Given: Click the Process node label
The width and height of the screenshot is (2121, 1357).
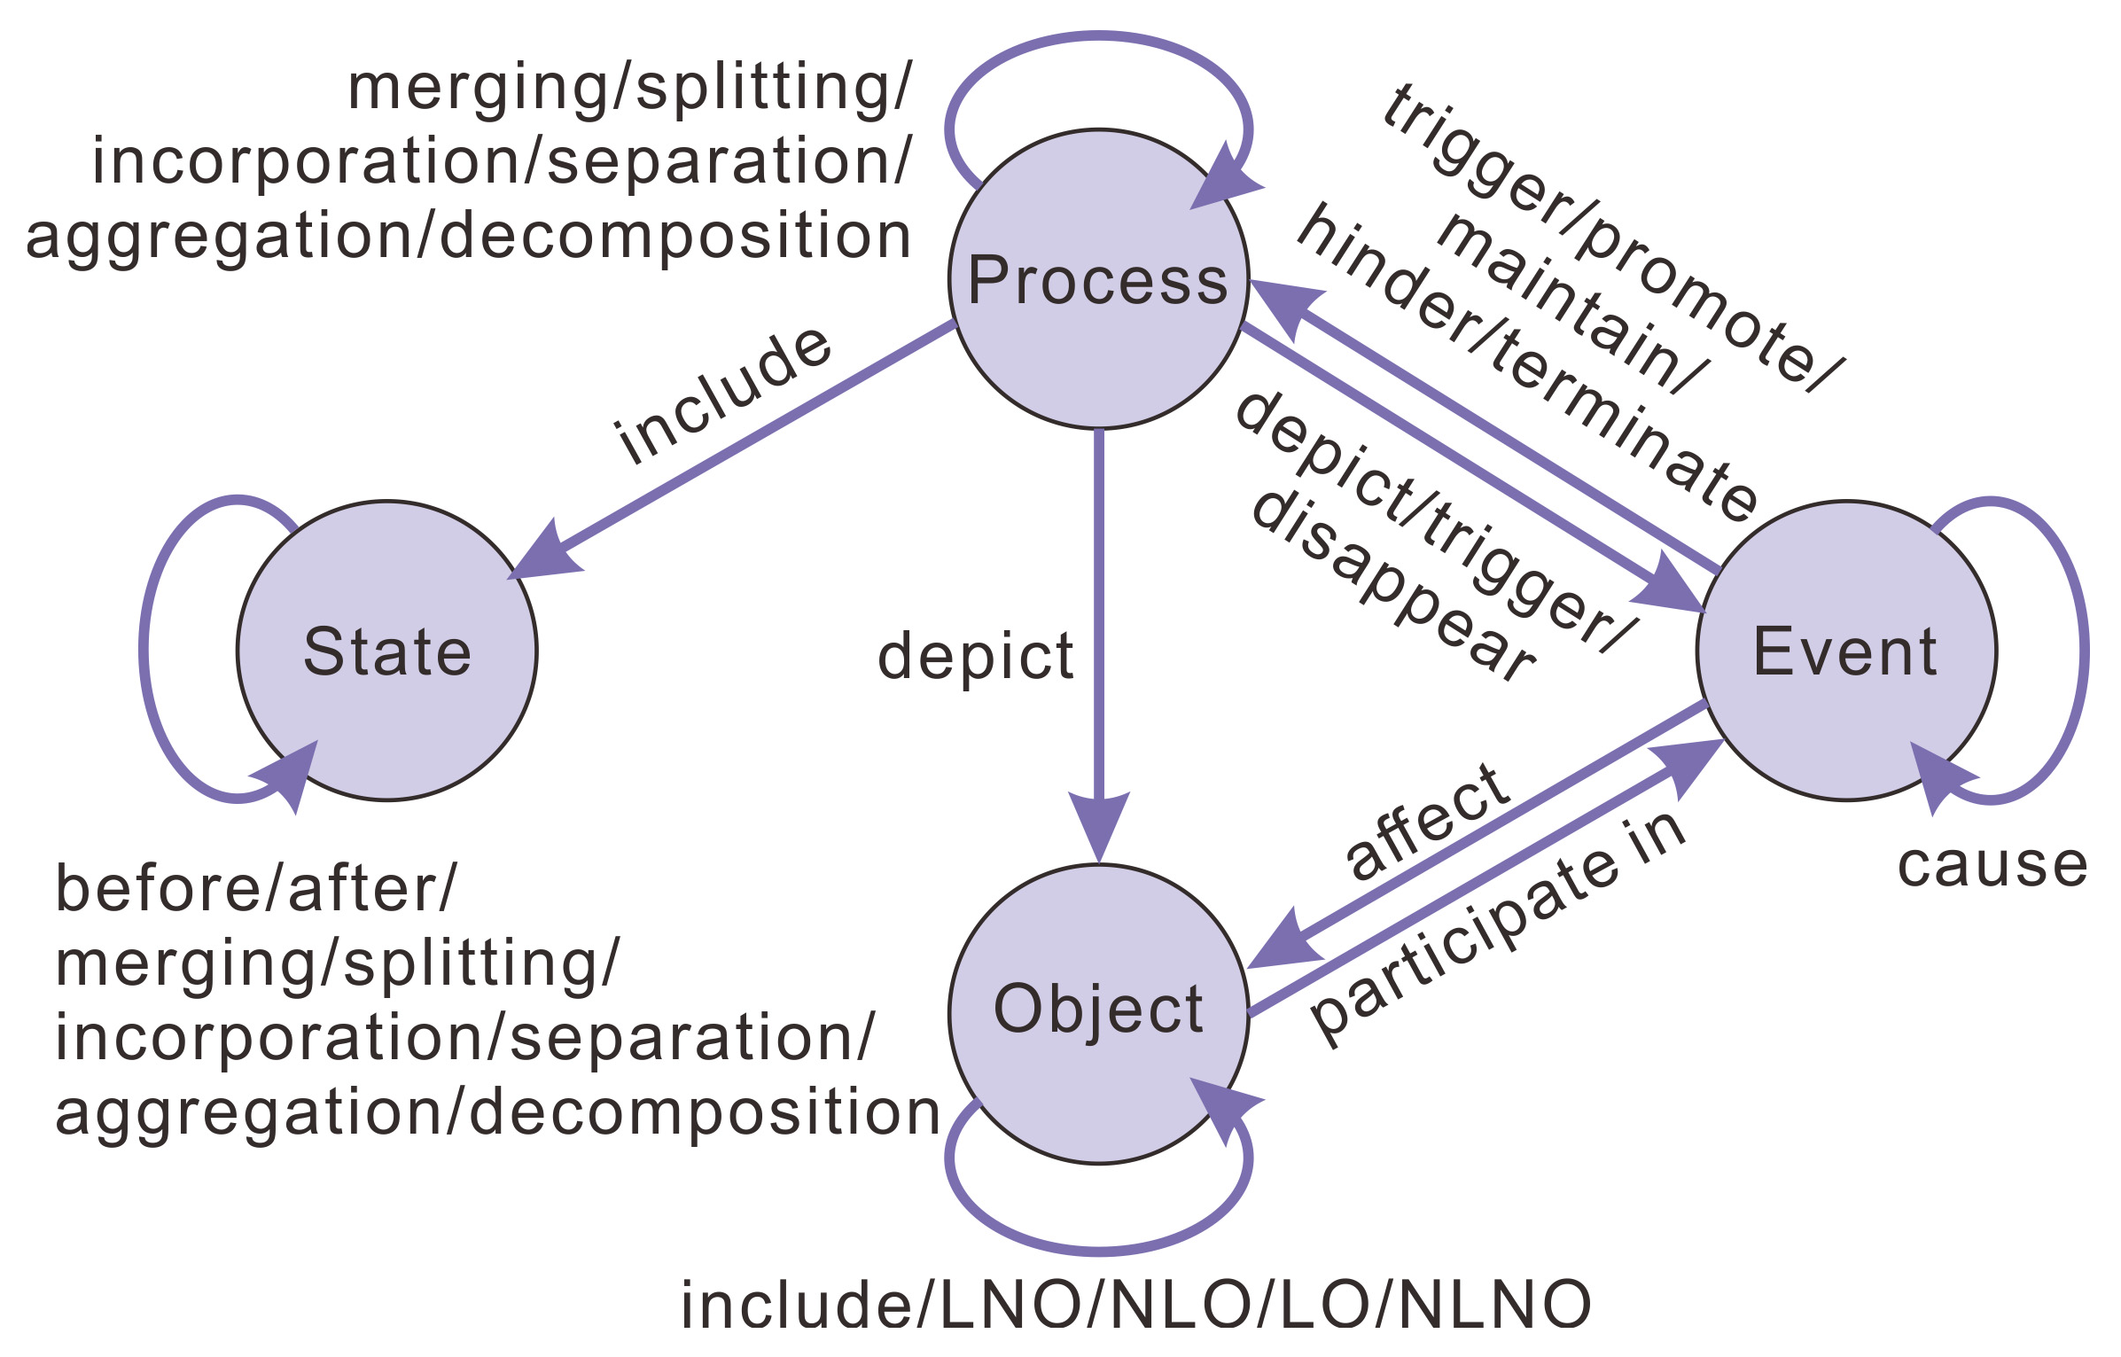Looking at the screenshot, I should [x=1097, y=280].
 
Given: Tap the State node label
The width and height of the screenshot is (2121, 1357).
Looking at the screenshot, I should [x=387, y=651].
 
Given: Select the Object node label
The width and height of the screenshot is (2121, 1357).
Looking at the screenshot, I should [x=1098, y=1010].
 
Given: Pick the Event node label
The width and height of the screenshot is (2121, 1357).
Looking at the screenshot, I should [x=1844, y=651].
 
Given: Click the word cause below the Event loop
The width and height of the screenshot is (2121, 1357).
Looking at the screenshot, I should [x=1992, y=865].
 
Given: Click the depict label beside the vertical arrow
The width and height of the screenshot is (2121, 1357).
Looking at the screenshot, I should [x=975, y=657].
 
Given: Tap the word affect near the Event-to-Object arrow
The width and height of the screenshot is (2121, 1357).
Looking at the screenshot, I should [x=1428, y=821].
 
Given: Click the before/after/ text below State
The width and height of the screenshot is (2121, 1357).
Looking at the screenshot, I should [x=255, y=889].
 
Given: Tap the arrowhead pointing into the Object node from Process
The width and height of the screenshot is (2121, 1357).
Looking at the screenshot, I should [x=1099, y=824].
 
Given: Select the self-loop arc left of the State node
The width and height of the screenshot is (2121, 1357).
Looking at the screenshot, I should [x=144, y=651].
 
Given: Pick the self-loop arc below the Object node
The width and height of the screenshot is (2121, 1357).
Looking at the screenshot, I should [x=1099, y=1251].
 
